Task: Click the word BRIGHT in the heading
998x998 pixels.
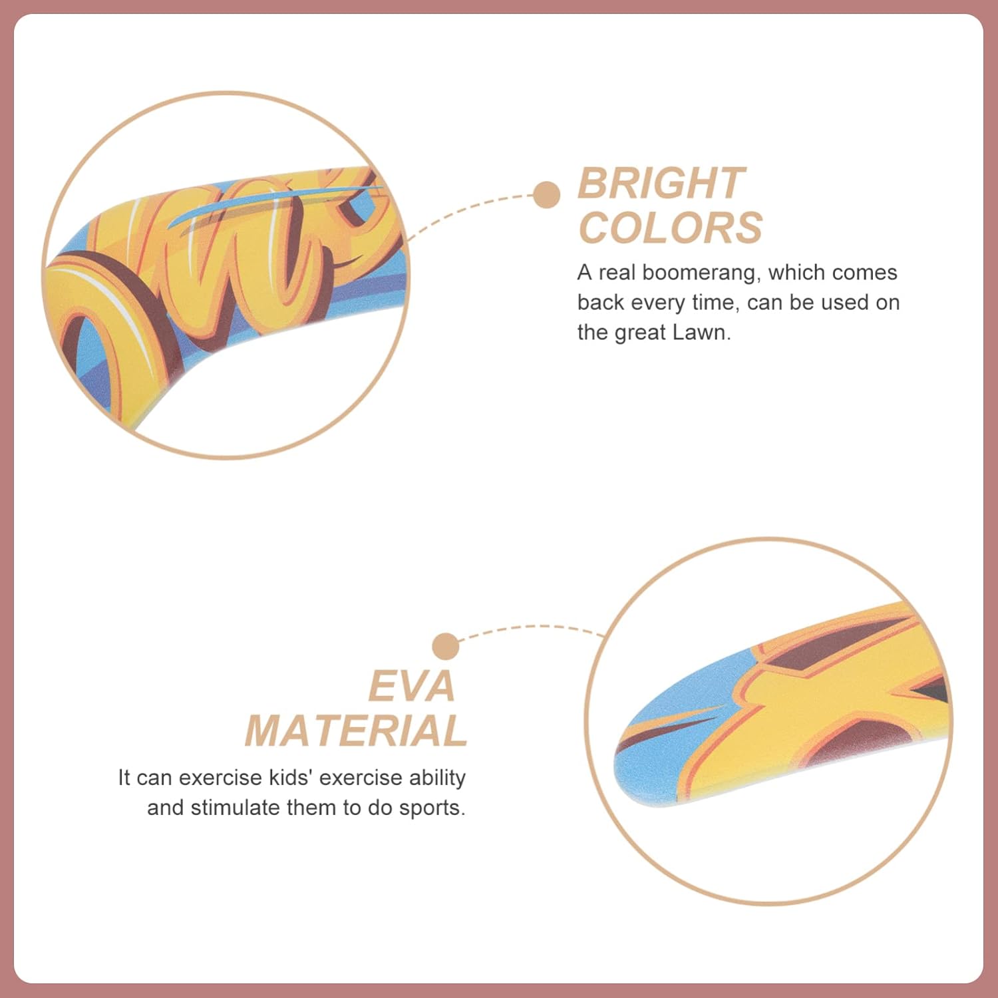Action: click(661, 183)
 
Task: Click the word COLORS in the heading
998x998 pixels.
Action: click(671, 228)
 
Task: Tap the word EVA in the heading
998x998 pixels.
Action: click(412, 686)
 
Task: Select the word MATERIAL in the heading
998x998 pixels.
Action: click(356, 731)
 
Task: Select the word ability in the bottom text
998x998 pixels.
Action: click(437, 778)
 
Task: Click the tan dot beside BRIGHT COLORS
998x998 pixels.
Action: click(546, 195)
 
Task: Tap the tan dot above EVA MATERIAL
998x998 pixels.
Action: click(445, 647)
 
